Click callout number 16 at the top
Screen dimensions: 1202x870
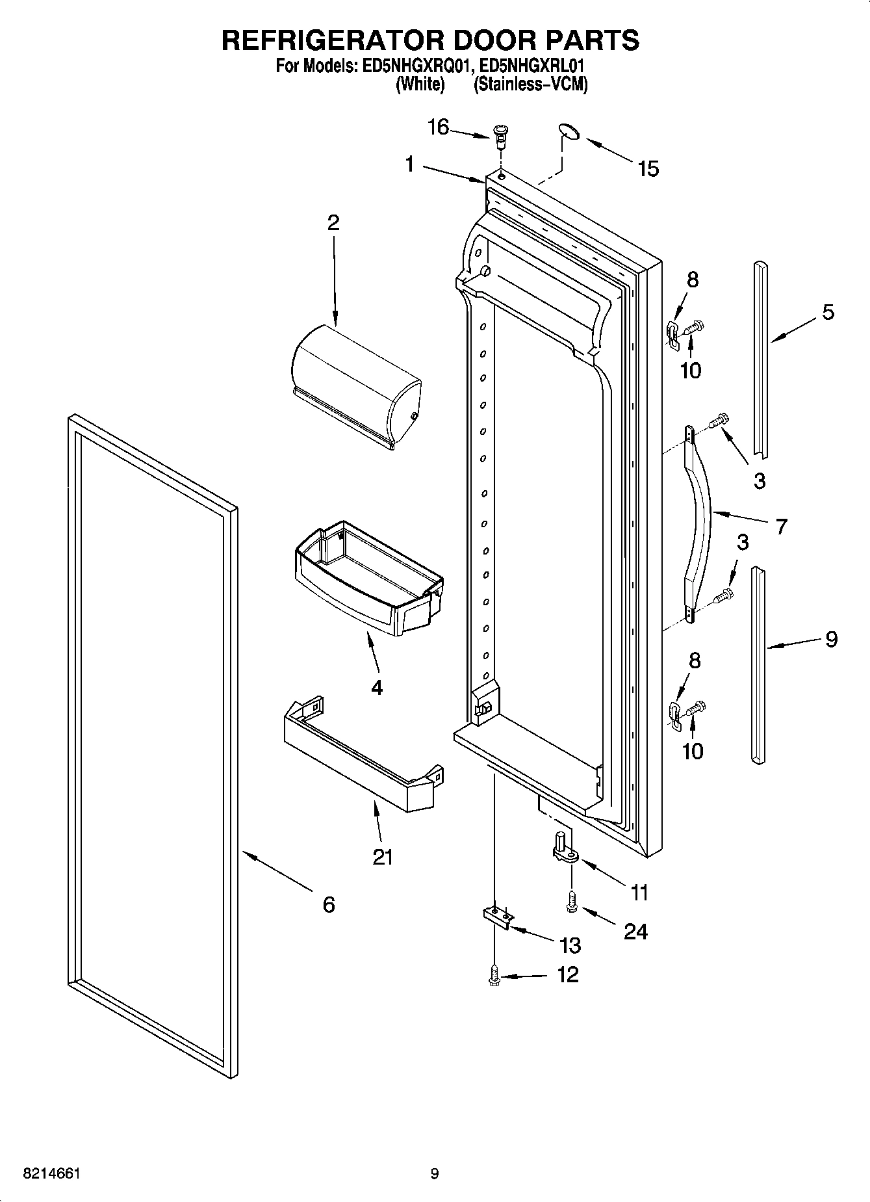tap(438, 127)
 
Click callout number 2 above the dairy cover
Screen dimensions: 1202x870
tap(333, 223)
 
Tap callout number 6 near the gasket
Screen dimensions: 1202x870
tap(329, 904)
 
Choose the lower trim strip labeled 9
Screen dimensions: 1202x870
tap(758, 663)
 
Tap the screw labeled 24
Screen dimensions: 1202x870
tap(571, 902)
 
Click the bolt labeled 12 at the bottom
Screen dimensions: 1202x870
tap(494, 975)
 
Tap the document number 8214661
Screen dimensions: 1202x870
tap(51, 1174)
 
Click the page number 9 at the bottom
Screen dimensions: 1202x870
tap(434, 1174)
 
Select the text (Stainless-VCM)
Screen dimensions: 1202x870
tap(530, 85)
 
